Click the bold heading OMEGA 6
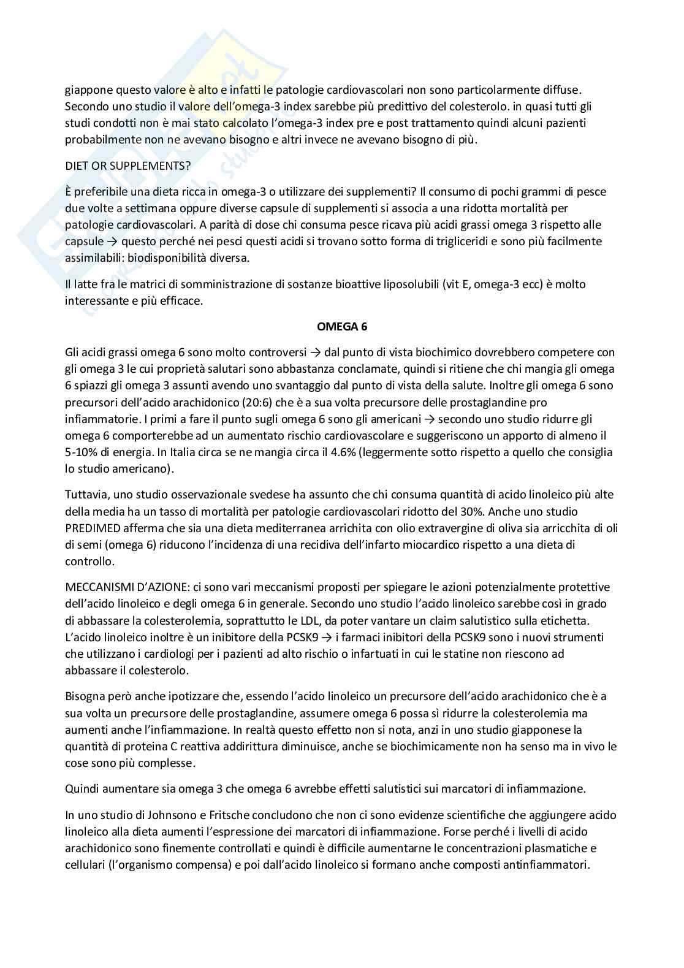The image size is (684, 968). [x=342, y=327]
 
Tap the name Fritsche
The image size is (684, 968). [x=232, y=815]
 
